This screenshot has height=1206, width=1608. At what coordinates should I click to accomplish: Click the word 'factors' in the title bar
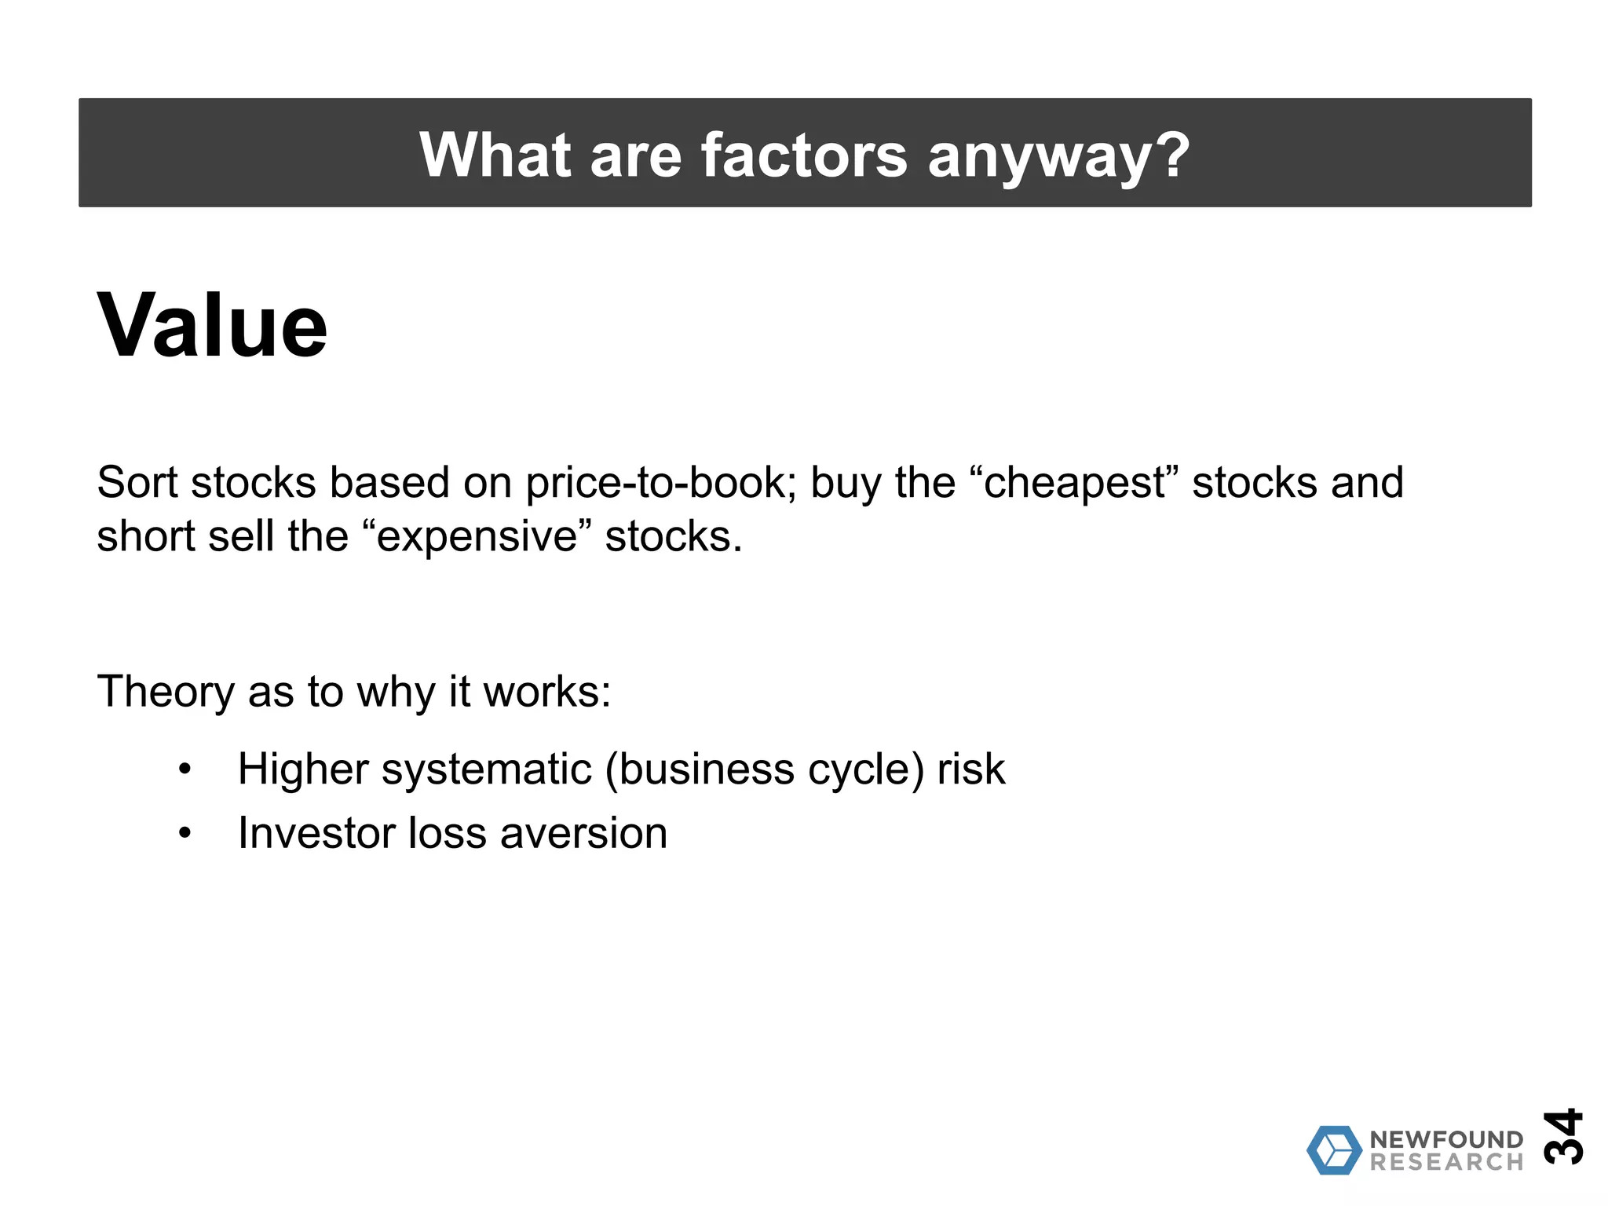803,155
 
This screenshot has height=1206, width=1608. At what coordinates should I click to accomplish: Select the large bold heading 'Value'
212,325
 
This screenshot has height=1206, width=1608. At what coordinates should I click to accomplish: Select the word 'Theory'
166,693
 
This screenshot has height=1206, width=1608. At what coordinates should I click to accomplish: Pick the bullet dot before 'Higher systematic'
185,769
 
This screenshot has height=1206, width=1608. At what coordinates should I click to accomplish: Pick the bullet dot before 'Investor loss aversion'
185,833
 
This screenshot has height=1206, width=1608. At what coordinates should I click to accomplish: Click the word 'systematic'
486,769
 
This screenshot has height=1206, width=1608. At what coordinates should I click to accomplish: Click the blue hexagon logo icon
1334,1150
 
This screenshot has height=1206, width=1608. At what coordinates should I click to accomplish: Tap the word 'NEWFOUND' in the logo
1445,1139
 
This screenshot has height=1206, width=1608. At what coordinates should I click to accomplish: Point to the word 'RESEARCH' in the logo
1445,1162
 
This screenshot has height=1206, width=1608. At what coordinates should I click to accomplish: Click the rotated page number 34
1562,1136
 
